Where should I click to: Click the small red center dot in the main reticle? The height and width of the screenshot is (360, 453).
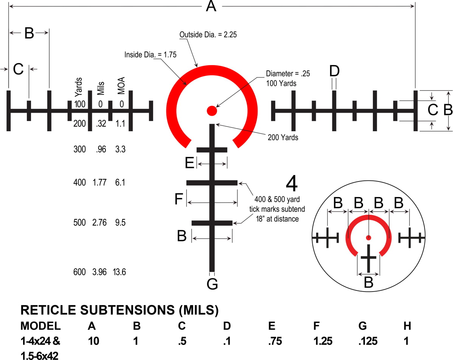click(211, 111)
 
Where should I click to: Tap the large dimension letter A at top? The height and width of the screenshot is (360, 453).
click(211, 6)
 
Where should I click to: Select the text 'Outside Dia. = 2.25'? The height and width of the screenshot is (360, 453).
click(208, 35)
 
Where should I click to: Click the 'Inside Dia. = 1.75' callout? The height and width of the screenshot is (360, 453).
click(150, 54)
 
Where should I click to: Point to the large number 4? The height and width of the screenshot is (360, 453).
click(292, 185)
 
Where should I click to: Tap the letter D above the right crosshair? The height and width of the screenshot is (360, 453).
click(334, 71)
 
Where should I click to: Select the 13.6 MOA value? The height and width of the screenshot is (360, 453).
click(119, 272)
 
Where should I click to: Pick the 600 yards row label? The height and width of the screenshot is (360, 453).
click(79, 272)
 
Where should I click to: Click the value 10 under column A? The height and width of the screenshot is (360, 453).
click(93, 341)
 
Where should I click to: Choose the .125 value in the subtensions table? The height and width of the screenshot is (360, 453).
click(368, 341)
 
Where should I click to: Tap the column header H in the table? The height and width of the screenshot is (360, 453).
click(407, 326)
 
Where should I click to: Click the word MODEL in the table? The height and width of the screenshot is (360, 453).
click(40, 326)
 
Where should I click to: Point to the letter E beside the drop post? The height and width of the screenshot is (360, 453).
click(189, 163)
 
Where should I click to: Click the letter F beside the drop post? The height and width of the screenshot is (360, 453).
click(179, 199)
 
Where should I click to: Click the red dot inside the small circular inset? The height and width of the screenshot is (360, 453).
click(368, 237)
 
